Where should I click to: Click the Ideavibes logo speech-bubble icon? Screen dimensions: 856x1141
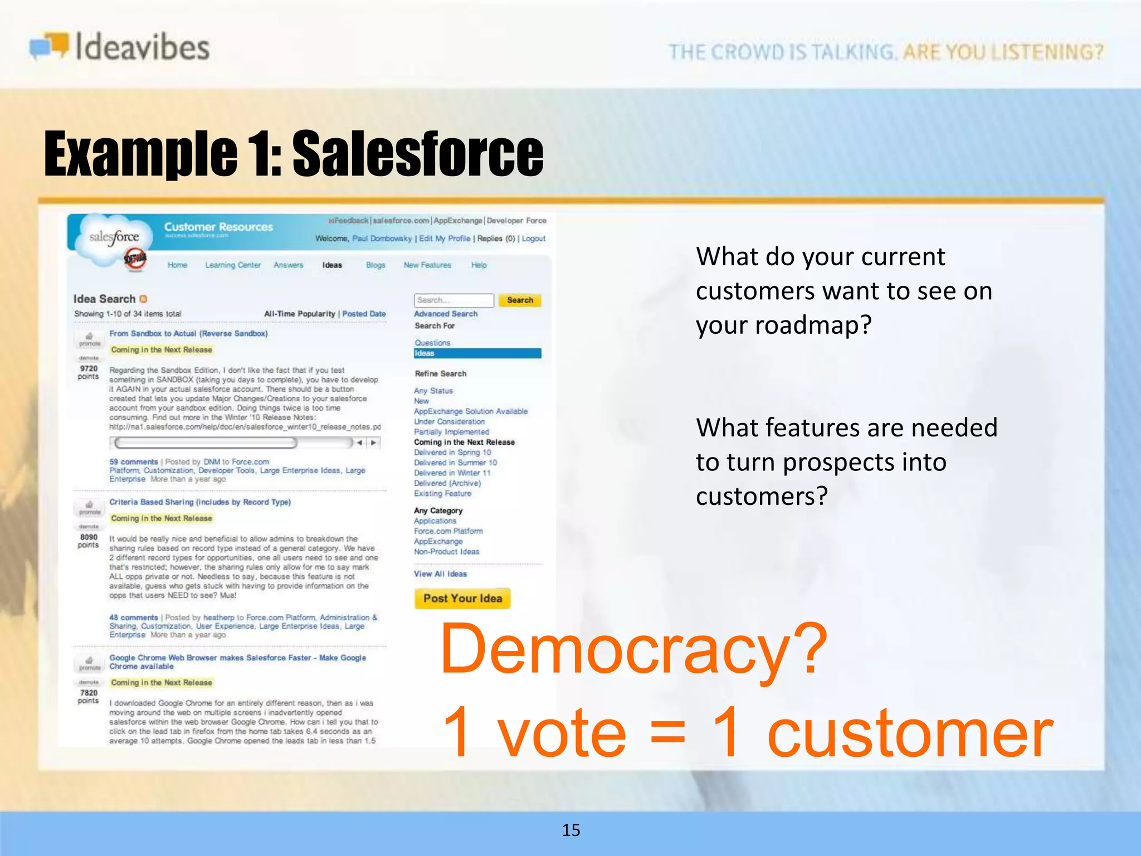tap(49, 46)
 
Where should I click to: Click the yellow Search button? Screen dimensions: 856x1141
tap(520, 300)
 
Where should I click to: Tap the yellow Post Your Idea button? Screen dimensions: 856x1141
tap(462, 599)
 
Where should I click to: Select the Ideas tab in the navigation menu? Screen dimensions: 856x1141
tap(332, 265)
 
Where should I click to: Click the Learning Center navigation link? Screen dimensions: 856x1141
tap(233, 265)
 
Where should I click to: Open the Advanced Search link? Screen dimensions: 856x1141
tap(446, 314)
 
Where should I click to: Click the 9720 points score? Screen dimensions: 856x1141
tap(89, 372)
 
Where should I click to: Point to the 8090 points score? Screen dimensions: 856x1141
tap(89, 541)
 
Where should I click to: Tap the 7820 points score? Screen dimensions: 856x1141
tap(89, 697)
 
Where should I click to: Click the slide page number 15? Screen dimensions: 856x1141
tap(571, 830)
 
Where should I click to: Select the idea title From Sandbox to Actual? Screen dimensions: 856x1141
tap(188, 333)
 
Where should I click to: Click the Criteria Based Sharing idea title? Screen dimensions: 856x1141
tap(200, 502)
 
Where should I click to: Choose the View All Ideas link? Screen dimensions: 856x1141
tap(440, 574)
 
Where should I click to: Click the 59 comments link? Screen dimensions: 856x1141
tap(134, 462)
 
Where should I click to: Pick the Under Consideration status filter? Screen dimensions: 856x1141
tap(449, 422)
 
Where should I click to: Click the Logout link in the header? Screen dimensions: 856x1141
tap(533, 239)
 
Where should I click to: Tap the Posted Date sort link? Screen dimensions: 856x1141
tap(364, 314)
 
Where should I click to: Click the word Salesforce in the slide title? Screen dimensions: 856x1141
tap(418, 153)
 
